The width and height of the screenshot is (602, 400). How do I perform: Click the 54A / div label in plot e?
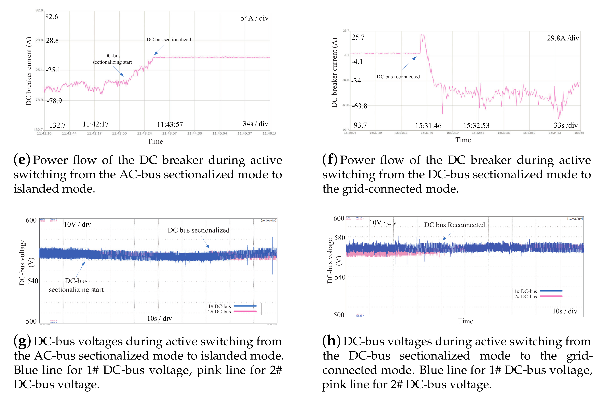point(254,18)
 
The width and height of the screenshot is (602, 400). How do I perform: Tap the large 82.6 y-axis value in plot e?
point(51,17)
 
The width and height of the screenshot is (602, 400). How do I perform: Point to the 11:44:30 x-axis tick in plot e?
point(194,133)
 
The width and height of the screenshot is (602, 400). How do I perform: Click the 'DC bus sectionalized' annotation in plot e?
point(168,40)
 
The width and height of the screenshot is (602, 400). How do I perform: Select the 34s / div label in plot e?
point(255,124)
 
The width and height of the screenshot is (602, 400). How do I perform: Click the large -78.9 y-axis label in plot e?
point(54,101)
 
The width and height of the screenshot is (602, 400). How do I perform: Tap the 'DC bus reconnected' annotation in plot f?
point(398,77)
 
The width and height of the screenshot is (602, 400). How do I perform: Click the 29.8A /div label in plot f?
point(563,38)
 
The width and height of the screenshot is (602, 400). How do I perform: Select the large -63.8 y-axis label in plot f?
point(359,106)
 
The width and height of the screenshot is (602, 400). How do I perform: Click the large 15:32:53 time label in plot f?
point(476,126)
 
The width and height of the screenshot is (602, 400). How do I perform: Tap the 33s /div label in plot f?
point(566,125)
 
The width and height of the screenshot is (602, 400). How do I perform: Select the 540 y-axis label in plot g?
point(33,281)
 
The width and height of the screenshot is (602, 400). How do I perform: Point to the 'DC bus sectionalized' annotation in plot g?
point(198,230)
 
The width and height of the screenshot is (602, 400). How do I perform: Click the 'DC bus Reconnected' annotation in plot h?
point(454,225)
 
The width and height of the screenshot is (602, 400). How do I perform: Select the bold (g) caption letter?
point(22,341)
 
